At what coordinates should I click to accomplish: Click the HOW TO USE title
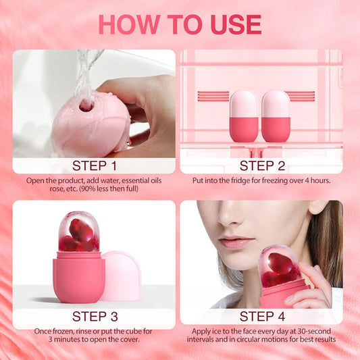[180, 24]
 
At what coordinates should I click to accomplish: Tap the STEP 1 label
[94, 165]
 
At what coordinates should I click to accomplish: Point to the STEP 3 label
[94, 317]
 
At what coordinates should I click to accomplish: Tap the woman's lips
[237, 242]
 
